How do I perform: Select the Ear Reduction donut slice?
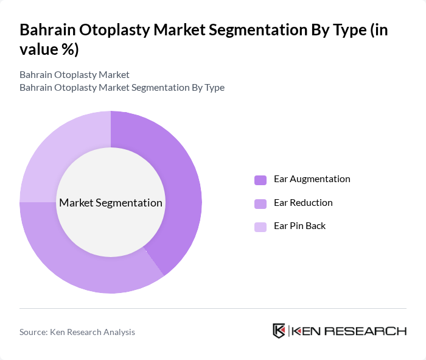91,268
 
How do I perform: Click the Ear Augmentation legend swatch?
260,180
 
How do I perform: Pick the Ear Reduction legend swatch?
260,203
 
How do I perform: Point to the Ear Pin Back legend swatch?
260,227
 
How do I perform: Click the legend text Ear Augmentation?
312,179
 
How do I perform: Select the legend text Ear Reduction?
303,202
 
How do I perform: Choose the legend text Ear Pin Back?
299,225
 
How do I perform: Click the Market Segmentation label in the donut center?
111,202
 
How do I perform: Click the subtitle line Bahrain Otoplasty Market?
74,74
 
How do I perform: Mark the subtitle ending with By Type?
122,87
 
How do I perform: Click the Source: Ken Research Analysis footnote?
77,332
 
